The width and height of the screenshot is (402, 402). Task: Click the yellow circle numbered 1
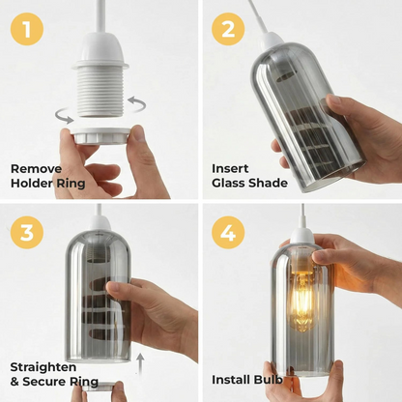pos(27,29)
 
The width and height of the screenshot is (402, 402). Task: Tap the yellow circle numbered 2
pos(228,29)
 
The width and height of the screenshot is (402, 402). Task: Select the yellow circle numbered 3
pos(27,232)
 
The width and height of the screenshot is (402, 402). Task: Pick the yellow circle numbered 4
pos(228,232)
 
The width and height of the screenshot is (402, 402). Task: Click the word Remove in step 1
pos(36,169)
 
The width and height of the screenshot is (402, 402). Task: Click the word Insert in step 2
pos(230,168)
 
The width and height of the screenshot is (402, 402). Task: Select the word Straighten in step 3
pos(43,367)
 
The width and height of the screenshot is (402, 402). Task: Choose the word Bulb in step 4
pos(269,380)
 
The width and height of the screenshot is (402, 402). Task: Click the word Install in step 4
pos(231,380)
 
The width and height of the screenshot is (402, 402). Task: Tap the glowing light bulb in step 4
pos(301,300)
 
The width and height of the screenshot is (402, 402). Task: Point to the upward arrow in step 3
pos(140,363)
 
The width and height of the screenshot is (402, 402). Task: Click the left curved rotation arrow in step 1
pos(64,117)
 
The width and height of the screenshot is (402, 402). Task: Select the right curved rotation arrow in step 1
pos(136,103)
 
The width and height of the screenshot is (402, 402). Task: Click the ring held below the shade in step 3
pos(99,387)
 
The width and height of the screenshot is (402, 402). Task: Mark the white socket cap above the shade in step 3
pos(100,223)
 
